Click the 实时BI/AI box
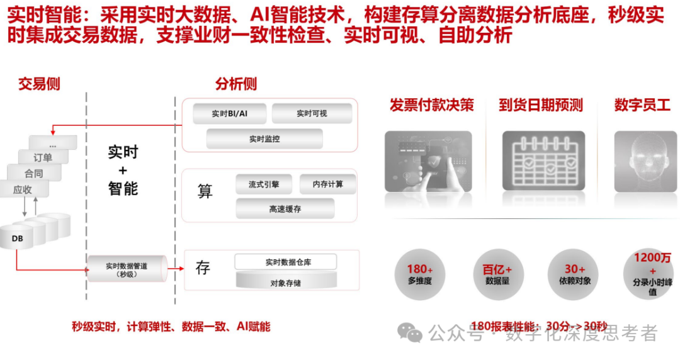[229, 113]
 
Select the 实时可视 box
[312, 113]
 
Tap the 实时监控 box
[264, 138]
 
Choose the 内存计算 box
[328, 184]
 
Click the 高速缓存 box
[285, 208]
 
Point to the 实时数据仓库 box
[285, 262]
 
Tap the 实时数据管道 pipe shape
[126, 270]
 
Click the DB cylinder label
[17, 239]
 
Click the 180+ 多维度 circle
[419, 274]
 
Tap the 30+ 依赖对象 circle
[574, 274]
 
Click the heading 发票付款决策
[431, 104]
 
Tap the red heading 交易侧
[39, 84]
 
